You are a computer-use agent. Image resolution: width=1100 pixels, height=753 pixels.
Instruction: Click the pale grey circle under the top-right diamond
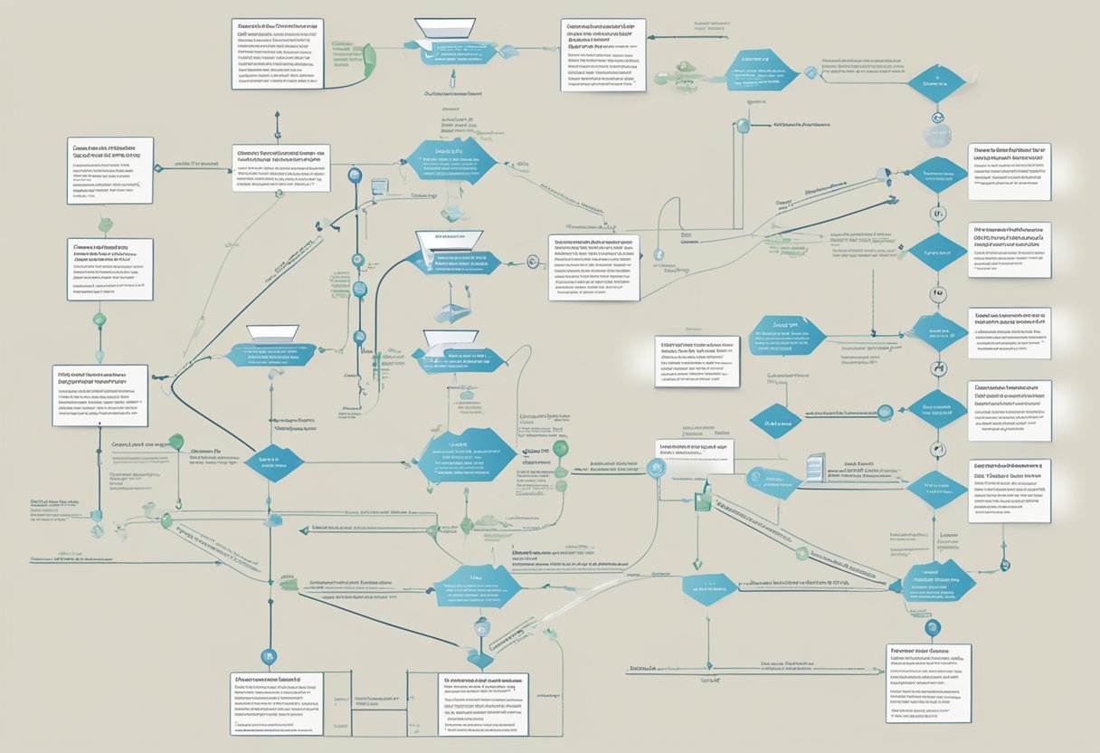[937, 136]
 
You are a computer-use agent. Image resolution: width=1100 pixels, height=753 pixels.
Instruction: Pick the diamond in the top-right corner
[937, 82]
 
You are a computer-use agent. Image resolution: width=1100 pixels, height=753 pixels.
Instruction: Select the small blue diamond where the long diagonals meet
[775, 421]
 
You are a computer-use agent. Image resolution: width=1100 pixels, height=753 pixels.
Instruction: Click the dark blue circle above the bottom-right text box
[934, 626]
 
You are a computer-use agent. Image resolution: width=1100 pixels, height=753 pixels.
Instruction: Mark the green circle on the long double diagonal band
[801, 554]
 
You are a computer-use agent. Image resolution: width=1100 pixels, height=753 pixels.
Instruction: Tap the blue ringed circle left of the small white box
[657, 467]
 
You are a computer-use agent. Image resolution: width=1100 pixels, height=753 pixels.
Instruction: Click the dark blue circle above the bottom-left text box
[268, 656]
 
